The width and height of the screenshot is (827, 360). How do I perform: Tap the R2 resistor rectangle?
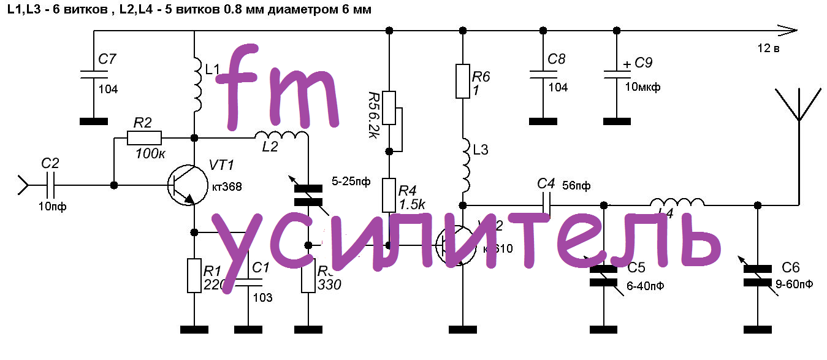(x=144, y=138)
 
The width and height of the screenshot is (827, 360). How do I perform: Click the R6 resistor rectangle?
(x=463, y=80)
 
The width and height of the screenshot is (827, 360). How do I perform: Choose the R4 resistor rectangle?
(x=389, y=194)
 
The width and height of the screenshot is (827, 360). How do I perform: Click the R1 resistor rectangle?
(x=194, y=276)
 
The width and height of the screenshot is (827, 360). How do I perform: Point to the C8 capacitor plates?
(x=543, y=74)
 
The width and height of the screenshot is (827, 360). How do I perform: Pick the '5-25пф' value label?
(x=351, y=181)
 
